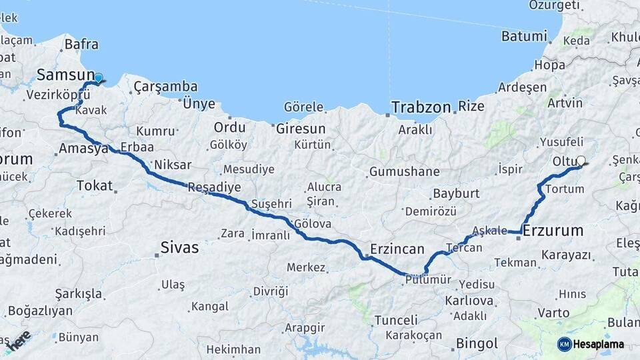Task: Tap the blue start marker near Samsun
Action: [x=99, y=79]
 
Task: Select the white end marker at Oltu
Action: [x=581, y=161]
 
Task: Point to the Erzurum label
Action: [x=553, y=231]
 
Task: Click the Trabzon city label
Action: [x=421, y=107]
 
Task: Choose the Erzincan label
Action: [x=397, y=249]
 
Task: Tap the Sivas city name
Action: [x=179, y=247]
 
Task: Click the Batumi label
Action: [x=524, y=36]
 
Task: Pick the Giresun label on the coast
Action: [x=301, y=128]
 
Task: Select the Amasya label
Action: [x=83, y=149]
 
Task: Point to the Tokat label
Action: [x=95, y=185]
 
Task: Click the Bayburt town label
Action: [x=456, y=194]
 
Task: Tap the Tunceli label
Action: [x=396, y=320]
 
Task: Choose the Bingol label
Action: [x=477, y=344]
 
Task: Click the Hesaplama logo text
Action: [x=599, y=344]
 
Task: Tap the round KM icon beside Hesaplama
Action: [x=565, y=344]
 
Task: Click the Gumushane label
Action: [x=404, y=171]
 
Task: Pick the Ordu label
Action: [x=229, y=127]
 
